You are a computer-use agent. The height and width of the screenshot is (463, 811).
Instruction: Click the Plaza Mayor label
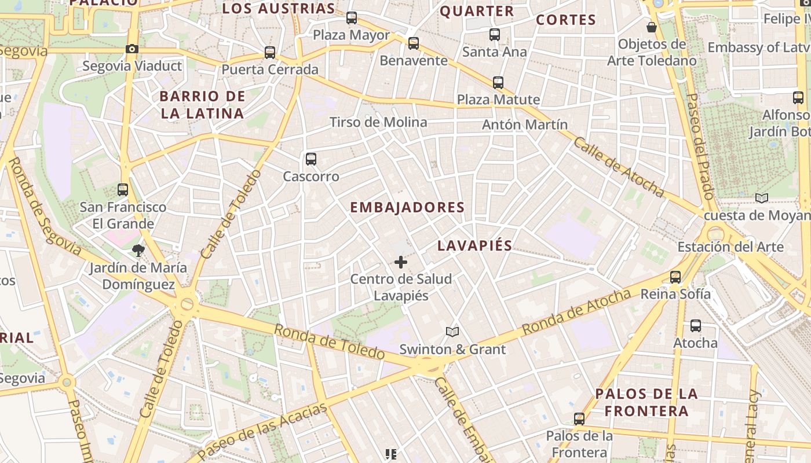click(351, 35)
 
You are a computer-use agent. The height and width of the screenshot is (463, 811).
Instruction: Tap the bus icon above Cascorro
click(311, 159)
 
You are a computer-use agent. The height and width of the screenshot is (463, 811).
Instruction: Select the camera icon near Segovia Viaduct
click(132, 49)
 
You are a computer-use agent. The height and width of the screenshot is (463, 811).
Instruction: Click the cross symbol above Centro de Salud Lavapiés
click(400, 262)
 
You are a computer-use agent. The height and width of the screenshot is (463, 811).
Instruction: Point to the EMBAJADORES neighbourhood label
click(407, 207)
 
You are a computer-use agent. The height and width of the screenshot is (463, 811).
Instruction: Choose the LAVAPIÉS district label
click(474, 245)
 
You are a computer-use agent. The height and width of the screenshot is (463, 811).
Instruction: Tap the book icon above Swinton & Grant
click(452, 332)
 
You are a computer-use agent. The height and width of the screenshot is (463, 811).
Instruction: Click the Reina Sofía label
click(675, 294)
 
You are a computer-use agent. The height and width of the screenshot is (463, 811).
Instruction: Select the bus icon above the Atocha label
click(695, 326)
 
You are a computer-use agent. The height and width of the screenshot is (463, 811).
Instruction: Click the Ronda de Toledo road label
click(329, 341)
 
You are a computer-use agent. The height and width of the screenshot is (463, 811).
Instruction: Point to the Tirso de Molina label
click(378, 122)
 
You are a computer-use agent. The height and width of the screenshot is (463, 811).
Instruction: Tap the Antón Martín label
click(525, 124)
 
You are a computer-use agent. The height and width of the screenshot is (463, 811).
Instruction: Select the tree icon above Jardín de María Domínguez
click(138, 250)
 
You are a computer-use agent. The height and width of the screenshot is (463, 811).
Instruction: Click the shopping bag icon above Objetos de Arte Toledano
click(652, 27)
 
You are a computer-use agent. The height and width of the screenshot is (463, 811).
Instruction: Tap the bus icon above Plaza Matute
click(498, 82)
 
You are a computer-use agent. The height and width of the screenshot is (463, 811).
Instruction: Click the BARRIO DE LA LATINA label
click(202, 105)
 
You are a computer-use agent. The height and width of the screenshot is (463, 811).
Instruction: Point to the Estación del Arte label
click(730, 247)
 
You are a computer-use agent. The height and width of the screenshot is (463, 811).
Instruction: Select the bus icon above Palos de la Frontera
click(579, 418)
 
